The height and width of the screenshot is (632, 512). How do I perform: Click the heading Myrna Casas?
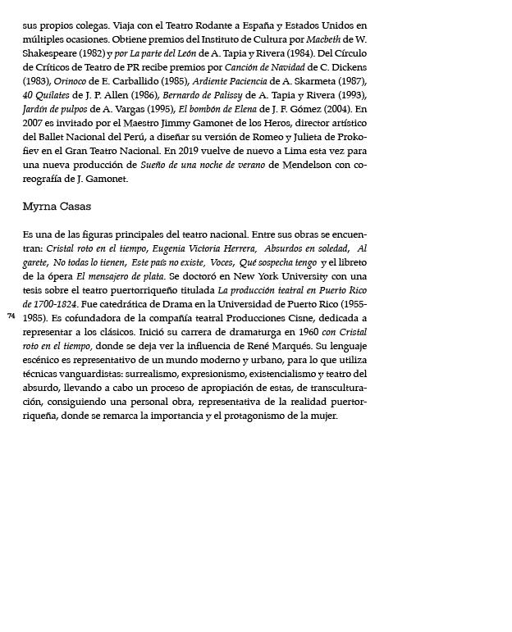(x=57, y=207)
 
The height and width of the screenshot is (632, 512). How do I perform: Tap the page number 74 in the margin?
(x=11, y=316)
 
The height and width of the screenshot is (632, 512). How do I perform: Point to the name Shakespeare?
(x=51, y=53)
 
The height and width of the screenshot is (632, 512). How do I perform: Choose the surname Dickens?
(x=345, y=67)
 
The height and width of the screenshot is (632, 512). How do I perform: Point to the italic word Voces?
(x=221, y=262)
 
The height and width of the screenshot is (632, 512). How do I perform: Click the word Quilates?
(x=53, y=95)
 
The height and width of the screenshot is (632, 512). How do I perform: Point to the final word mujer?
(x=324, y=416)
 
